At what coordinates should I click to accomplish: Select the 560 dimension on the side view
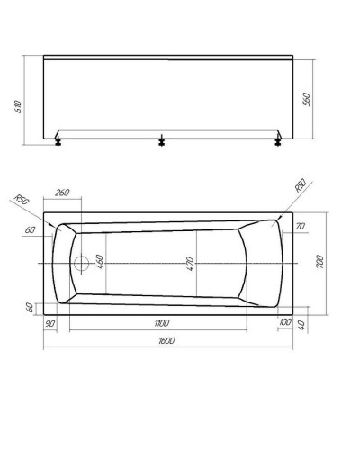pos(306,100)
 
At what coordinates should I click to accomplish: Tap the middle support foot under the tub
pos(162,140)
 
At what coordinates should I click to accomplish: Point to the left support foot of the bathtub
pos(58,140)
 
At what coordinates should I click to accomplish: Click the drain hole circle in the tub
pos(82,264)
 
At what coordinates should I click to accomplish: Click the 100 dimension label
pos(284,321)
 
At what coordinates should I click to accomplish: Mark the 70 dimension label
pos(301,227)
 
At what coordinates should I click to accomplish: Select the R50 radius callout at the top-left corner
pos(24,199)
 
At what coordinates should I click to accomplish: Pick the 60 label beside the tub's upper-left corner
pos(30,231)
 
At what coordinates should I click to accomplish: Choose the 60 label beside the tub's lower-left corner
pos(30,307)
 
